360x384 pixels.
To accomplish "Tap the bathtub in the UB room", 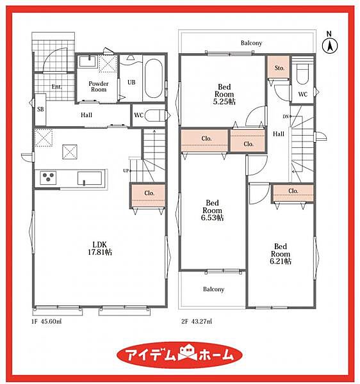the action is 153,79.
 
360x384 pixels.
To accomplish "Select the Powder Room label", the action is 99,86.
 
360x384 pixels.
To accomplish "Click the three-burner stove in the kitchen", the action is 48,178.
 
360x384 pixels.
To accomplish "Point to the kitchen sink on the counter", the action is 90,178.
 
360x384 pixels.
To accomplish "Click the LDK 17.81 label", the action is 100,248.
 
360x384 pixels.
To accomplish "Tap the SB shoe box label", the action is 41,109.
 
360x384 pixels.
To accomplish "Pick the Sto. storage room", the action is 279,67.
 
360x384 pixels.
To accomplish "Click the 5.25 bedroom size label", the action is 224,101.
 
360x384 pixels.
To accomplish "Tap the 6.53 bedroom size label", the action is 212,218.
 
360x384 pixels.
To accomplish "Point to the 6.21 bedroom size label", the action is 281,261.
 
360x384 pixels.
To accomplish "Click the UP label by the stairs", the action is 126,171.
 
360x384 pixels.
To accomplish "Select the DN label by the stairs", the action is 286,116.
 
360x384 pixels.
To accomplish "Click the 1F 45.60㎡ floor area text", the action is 46,321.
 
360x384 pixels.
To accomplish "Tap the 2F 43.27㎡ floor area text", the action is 197,321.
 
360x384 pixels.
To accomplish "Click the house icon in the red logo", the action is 188,354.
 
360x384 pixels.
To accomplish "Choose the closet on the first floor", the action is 148,195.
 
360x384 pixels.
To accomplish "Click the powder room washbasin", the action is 88,61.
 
